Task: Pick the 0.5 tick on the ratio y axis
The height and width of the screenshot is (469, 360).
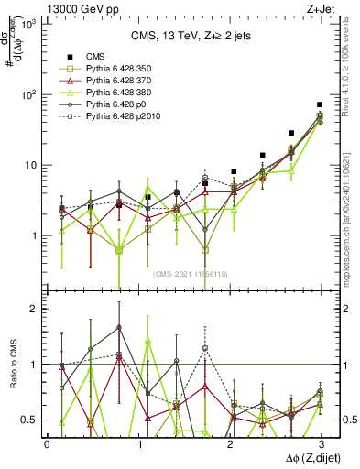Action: click(x=29, y=420)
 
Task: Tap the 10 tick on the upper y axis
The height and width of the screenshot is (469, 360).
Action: click(x=29, y=165)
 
